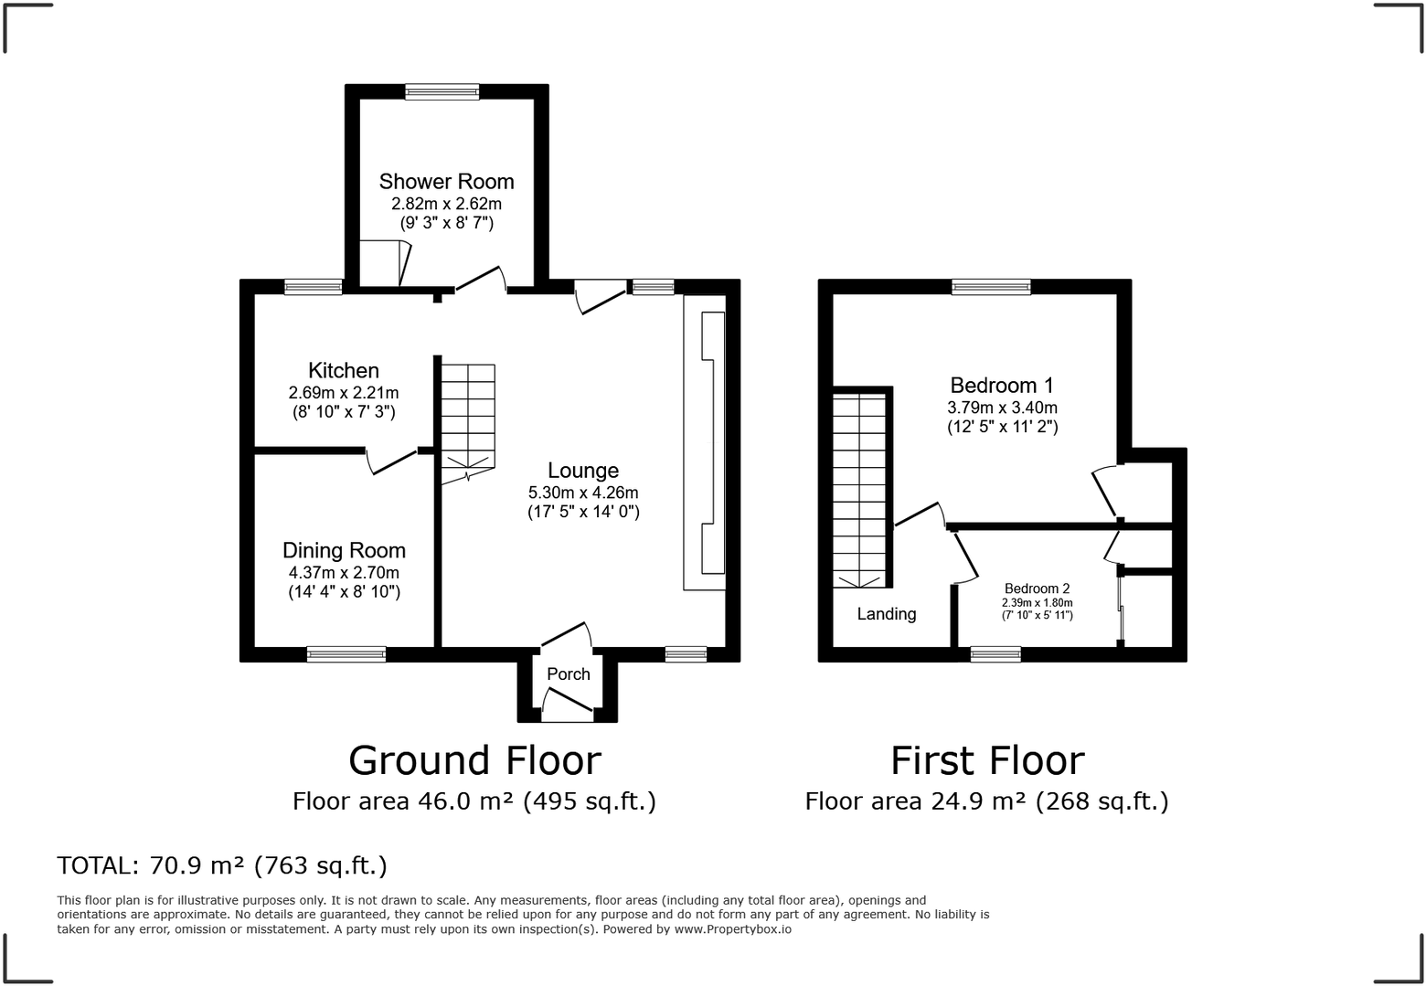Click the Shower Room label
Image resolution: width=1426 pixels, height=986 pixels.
tap(446, 182)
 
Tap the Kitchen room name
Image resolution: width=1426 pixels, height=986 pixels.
tap(344, 371)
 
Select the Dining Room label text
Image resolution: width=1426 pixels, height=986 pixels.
tap(344, 550)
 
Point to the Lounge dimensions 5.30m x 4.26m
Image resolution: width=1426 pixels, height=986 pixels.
tap(583, 493)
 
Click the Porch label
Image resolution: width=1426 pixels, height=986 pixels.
tap(569, 674)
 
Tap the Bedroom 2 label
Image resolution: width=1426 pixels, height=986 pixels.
tap(1037, 589)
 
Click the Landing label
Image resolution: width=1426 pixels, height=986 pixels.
tap(886, 614)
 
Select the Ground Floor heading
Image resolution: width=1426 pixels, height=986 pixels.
tap(474, 760)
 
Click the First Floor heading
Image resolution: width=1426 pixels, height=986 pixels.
tap(987, 760)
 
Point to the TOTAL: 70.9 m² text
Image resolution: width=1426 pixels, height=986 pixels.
tap(222, 865)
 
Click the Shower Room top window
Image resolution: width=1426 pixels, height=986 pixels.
tap(442, 91)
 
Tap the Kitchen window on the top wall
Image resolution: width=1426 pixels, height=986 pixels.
tap(313, 287)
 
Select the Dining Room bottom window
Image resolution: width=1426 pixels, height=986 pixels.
tap(346, 654)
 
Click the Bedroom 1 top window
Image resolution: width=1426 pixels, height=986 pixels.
tap(991, 287)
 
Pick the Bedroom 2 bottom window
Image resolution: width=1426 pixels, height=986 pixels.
tap(995, 654)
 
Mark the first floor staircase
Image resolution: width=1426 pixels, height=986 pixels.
tap(858, 489)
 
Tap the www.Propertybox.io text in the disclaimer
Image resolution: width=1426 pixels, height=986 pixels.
tap(733, 929)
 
